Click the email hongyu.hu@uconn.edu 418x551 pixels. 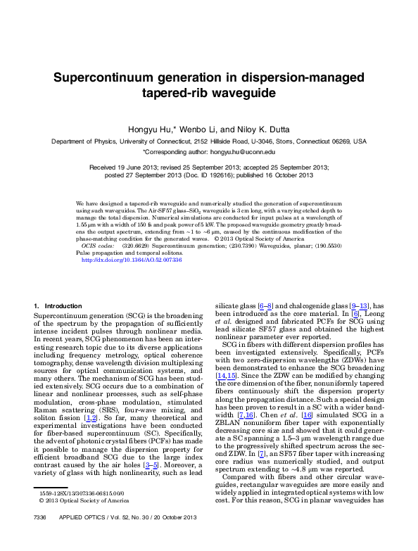click(241, 151)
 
